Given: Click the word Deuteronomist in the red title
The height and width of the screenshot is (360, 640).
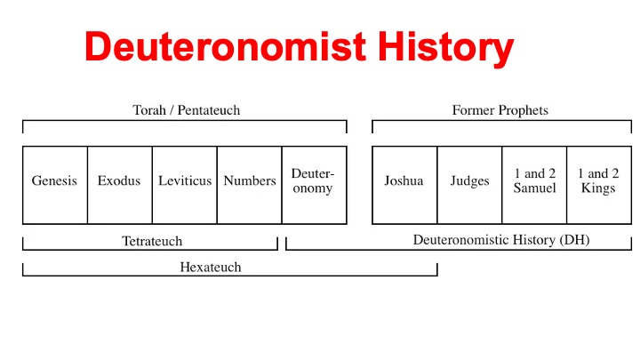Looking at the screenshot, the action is tap(226, 46).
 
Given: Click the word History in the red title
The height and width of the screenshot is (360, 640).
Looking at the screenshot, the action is tap(445, 48).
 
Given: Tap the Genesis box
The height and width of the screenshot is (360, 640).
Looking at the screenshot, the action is tap(55, 185).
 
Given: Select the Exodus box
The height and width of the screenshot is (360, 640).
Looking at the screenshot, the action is tap(120, 185).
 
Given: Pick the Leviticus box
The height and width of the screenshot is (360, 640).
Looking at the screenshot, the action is tap(185, 185).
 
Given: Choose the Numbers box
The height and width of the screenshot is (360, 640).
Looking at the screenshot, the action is tap(250, 185).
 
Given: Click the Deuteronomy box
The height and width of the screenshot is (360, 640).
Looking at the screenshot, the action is tap(315, 185).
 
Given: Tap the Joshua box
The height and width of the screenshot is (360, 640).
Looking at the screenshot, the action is tap(404, 185).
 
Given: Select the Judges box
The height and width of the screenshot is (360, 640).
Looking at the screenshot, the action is tap(469, 185).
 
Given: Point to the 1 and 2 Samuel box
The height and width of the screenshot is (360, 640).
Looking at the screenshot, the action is tap(534, 185).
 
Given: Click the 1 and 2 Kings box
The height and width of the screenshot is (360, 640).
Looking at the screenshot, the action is tap(599, 185).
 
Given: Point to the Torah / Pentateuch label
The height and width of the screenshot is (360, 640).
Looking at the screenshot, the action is tap(187, 110).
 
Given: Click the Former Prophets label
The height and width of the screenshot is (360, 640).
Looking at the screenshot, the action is tap(500, 110).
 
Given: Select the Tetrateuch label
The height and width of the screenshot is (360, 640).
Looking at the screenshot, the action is tap(152, 241).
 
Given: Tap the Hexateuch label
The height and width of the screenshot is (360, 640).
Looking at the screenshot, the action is tap(211, 268).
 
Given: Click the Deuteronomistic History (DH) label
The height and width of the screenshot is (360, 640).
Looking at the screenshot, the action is tap(501, 240).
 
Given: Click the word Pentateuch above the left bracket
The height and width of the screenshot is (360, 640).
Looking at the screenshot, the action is tap(209, 110).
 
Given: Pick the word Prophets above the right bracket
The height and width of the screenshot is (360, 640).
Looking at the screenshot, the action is tap(524, 110).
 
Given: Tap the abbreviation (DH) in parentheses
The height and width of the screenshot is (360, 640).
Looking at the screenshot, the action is tap(574, 240).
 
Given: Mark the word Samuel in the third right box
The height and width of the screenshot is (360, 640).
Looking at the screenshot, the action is tap(535, 188).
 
